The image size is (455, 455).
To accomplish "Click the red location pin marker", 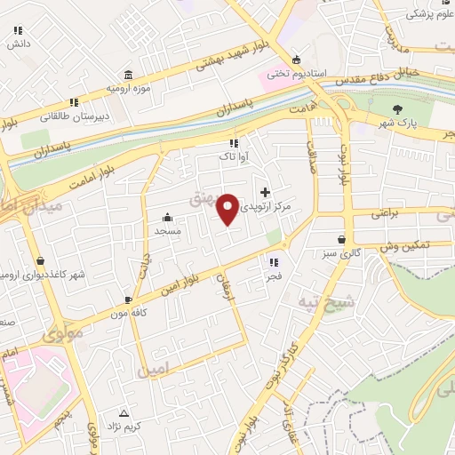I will tap(229, 208).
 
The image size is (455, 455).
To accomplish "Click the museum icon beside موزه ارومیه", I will tap(130, 74).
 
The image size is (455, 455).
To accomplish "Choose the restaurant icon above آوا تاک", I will tap(234, 143).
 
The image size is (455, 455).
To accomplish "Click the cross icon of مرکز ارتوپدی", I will tap(265, 192).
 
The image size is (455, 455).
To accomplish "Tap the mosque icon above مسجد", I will tap(167, 217).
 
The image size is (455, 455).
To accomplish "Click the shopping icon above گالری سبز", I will tap(341, 240).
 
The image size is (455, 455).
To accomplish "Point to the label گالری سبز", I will tap(341, 253).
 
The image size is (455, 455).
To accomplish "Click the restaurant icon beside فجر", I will tap(274, 262).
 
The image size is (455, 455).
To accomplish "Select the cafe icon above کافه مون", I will tap(130, 299).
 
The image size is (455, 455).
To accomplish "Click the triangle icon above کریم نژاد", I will tap(123, 413).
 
